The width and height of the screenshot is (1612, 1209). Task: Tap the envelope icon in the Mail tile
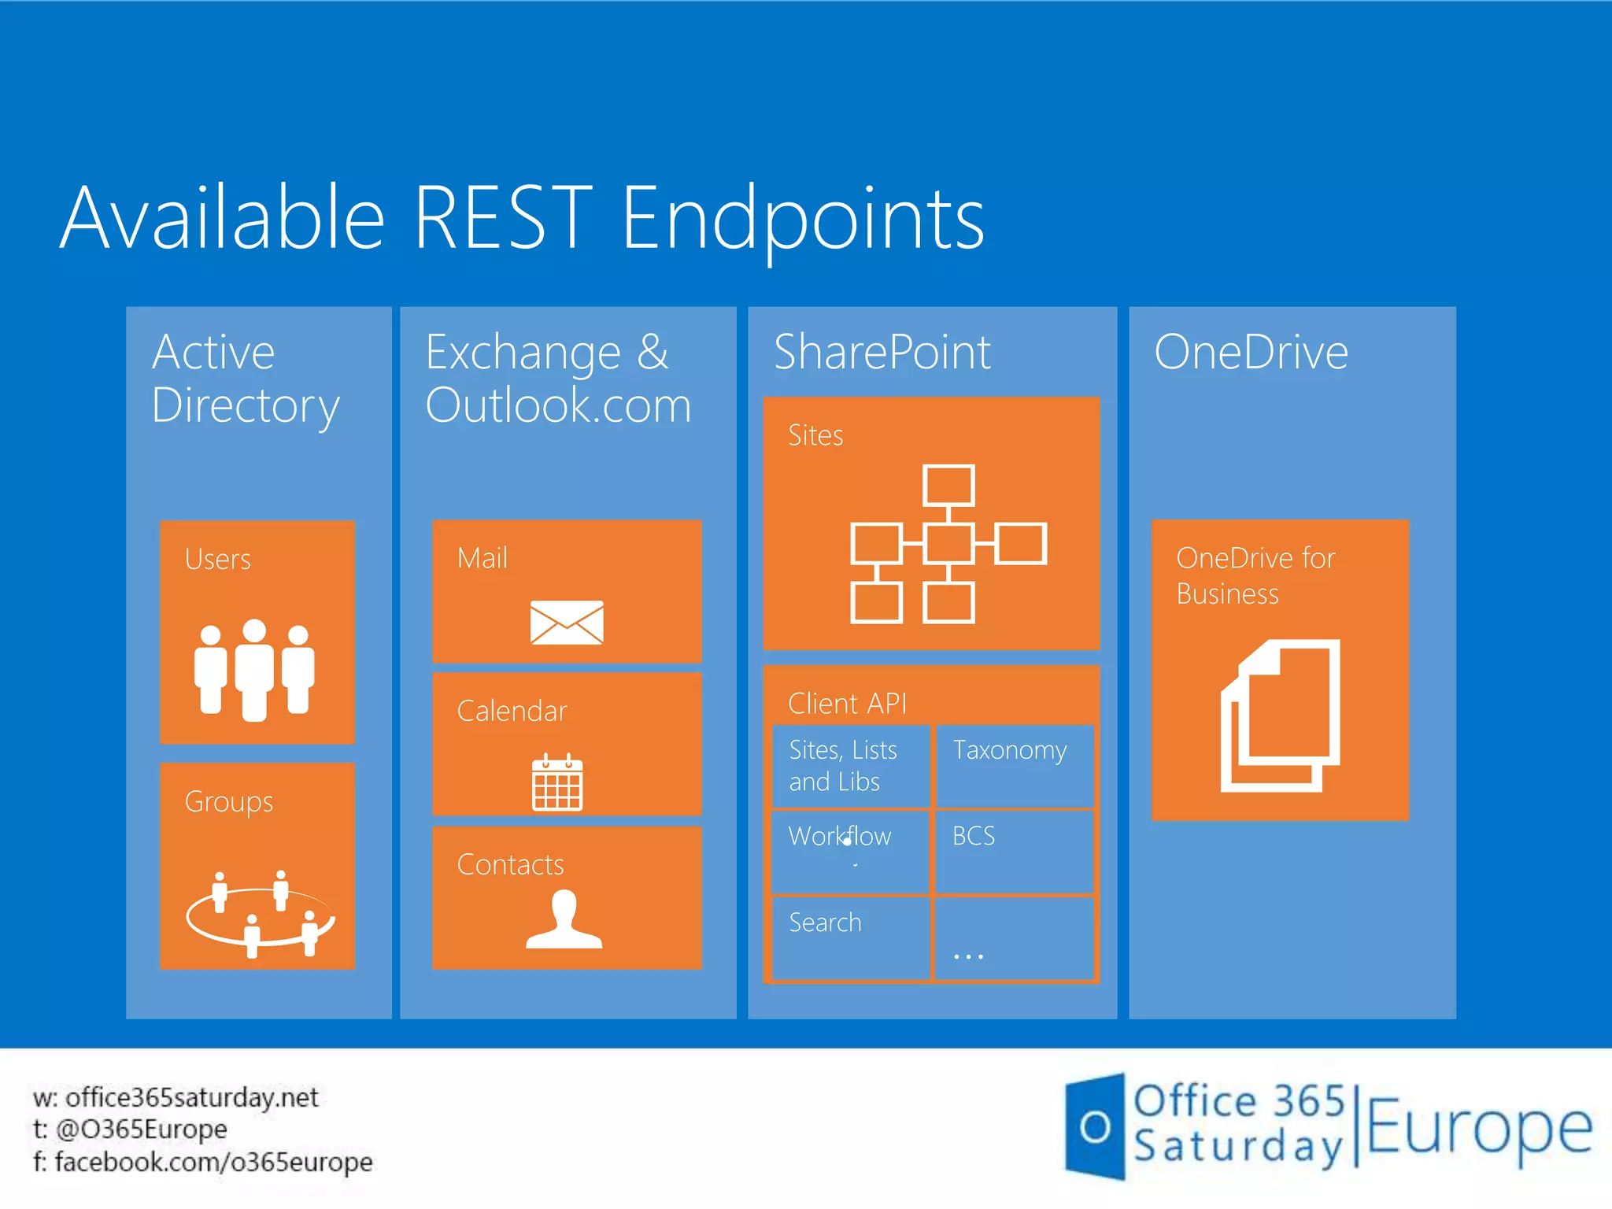pyautogui.click(x=567, y=622)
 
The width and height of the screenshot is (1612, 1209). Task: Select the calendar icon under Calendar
pyautogui.click(x=557, y=782)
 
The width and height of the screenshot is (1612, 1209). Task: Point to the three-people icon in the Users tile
pyautogui.click(x=254, y=670)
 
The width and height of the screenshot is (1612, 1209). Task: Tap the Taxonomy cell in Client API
pyautogui.click(x=1013, y=765)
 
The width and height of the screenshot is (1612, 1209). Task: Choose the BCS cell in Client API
pyautogui.click(x=1013, y=851)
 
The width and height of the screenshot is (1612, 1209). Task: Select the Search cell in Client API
pyautogui.click(x=850, y=937)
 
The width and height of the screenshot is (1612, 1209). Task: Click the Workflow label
pyautogui.click(x=839, y=836)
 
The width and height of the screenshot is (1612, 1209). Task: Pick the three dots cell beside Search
pyautogui.click(x=1013, y=939)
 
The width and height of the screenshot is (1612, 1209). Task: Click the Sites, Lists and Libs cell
pyautogui.click(x=850, y=766)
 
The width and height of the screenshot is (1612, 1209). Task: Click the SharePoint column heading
pyautogui.click(x=882, y=352)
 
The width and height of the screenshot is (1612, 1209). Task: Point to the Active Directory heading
pyautogui.click(x=245, y=379)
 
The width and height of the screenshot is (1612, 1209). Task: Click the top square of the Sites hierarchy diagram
pyautogui.click(x=948, y=485)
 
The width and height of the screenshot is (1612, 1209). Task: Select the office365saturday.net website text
pyautogui.click(x=191, y=1097)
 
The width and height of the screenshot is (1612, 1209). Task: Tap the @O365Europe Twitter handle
pyautogui.click(x=141, y=1130)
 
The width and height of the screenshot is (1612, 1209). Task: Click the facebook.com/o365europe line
pyautogui.click(x=213, y=1162)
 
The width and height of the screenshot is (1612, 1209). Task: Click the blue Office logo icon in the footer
pyautogui.click(x=1095, y=1126)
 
